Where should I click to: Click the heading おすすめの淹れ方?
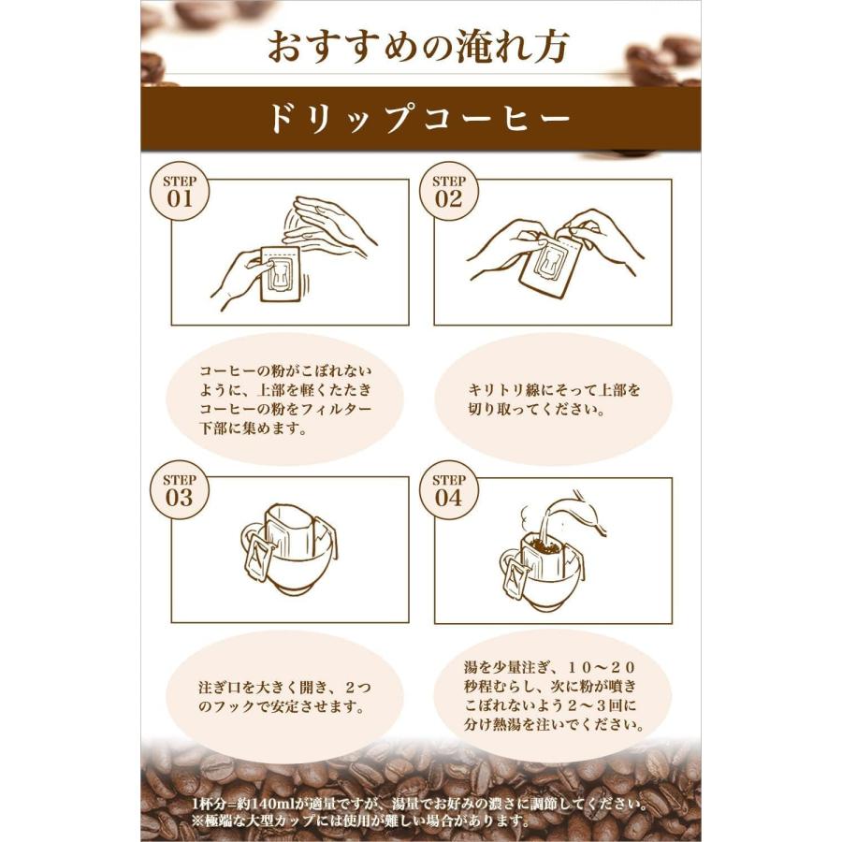418,47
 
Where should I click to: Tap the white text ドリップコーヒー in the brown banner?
418,120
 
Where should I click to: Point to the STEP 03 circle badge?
178,489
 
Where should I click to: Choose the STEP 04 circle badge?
448,489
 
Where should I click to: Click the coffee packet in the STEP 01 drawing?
279,273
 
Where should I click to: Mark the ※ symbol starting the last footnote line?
196,820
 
